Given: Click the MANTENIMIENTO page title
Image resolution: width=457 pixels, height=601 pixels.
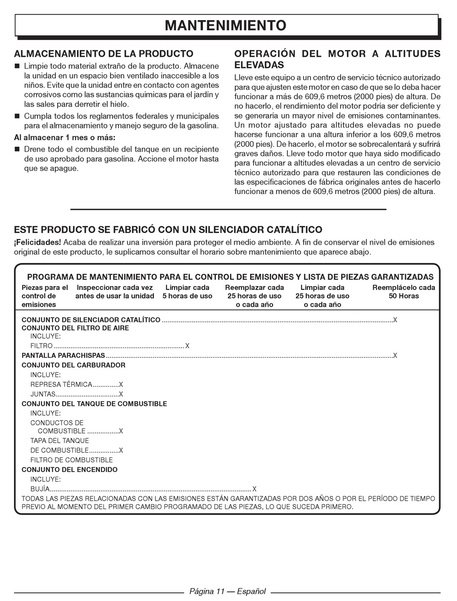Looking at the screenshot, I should [x=226, y=26].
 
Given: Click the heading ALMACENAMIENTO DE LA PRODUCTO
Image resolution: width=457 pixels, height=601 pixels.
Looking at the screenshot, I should [x=103, y=54].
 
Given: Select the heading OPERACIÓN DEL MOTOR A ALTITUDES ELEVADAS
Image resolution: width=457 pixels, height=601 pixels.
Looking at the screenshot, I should [x=337, y=59].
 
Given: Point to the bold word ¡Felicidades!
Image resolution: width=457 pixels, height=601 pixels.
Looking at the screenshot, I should [x=38, y=242].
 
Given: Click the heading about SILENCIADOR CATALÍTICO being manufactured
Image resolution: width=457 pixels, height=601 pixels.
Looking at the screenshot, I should [x=168, y=230].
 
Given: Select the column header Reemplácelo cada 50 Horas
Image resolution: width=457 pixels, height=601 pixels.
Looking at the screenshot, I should [x=404, y=292].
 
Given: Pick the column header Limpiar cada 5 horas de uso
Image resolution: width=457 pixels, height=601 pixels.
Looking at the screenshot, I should [x=187, y=292].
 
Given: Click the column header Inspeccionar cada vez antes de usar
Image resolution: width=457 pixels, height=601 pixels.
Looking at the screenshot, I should [x=114, y=292].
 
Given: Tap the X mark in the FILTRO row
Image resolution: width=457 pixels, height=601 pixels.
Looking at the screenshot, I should [x=188, y=346].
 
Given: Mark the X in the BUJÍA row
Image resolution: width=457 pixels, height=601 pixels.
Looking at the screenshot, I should [x=254, y=489].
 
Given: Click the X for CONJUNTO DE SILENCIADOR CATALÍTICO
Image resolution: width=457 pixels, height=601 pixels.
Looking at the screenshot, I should [x=395, y=320].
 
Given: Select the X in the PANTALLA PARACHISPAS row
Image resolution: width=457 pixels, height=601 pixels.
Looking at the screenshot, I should [x=395, y=356].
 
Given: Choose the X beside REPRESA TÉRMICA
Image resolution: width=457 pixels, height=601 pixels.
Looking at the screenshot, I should [x=121, y=385].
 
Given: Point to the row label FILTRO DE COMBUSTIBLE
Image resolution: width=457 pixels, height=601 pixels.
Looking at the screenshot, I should [x=72, y=460].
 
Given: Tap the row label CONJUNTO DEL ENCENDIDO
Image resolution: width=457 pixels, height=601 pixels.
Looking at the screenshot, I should [x=69, y=470].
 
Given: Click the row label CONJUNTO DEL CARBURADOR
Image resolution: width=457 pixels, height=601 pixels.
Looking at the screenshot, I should [x=73, y=366].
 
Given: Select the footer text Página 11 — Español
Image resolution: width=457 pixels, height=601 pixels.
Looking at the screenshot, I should [x=227, y=592].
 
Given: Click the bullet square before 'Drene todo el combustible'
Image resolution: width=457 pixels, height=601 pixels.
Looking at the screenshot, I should [x=17, y=150].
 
